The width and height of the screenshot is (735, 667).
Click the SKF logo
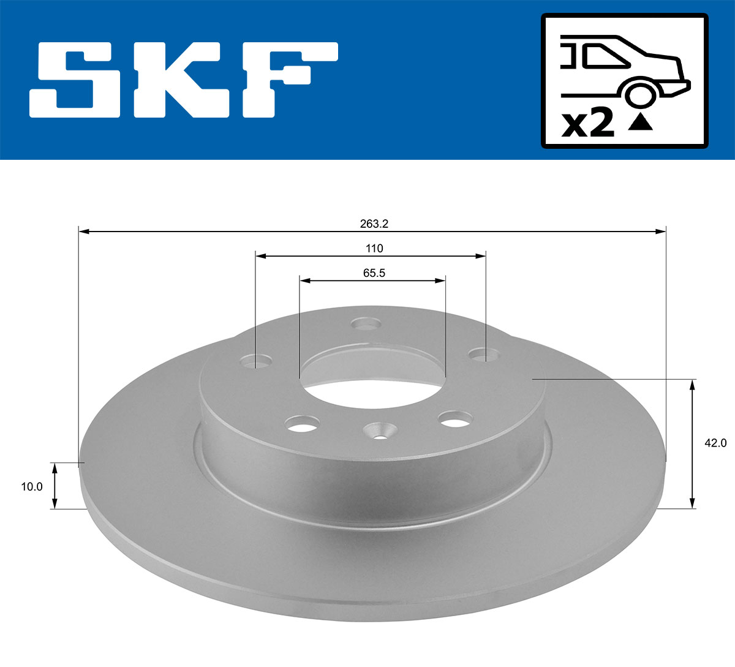coord(184,80)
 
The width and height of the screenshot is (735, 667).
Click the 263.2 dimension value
coord(374,224)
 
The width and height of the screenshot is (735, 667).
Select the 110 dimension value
coord(374,249)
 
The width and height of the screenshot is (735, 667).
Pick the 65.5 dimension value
coord(374,273)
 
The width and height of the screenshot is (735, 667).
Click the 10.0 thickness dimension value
coord(32,487)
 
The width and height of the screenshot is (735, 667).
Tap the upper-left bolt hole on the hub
coord(263,361)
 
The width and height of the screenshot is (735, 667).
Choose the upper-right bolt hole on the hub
coord(484,354)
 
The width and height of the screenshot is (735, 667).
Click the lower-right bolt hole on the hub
coord(456,419)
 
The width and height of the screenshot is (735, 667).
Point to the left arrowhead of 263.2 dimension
coord(85,232)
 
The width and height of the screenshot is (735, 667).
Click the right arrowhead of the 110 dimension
coord(481,256)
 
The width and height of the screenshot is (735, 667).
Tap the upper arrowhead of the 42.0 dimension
coord(692,384)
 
